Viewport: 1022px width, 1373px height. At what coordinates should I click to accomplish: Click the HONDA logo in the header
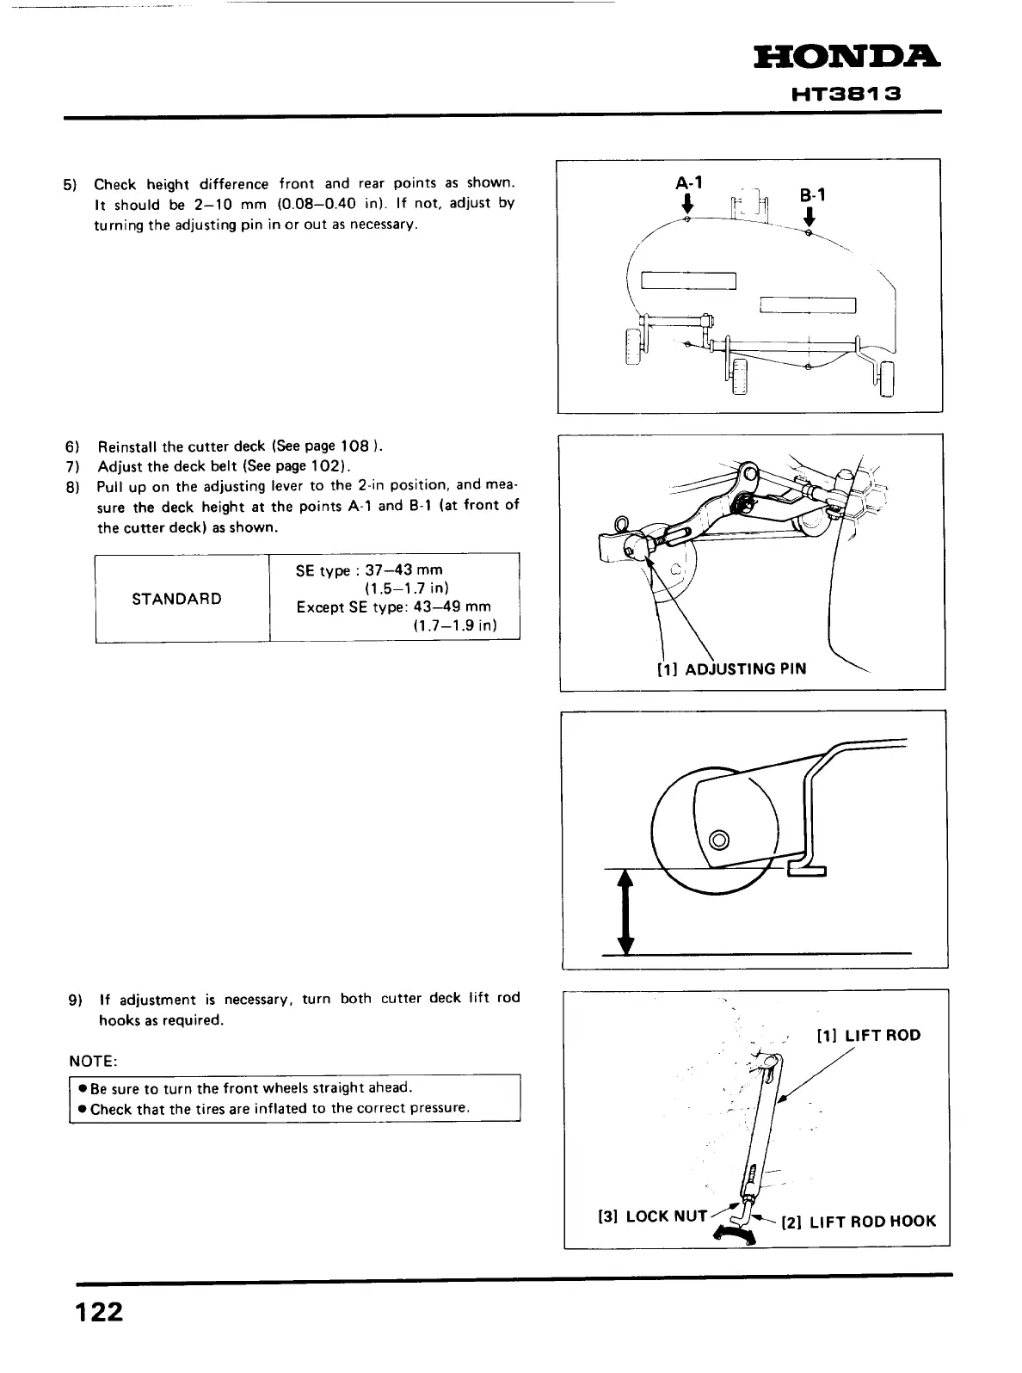(x=847, y=58)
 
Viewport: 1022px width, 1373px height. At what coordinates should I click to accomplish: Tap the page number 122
(x=99, y=1313)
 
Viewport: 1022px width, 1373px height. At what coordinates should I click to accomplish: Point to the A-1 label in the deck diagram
(x=688, y=182)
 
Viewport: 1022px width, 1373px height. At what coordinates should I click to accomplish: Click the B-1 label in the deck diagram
(x=811, y=195)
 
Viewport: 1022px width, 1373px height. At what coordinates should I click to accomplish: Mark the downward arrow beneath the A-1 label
(x=687, y=204)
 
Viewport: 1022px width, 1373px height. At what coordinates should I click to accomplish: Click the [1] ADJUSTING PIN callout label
(x=731, y=668)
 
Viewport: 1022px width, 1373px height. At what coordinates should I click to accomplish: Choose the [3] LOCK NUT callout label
(x=651, y=1216)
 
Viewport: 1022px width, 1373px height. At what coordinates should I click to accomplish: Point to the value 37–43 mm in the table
(x=403, y=570)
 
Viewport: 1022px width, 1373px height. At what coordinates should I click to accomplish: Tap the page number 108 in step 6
(x=354, y=446)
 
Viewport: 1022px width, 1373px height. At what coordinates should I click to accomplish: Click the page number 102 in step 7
(x=324, y=466)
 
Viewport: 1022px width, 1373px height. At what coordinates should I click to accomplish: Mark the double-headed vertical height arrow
(x=626, y=912)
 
